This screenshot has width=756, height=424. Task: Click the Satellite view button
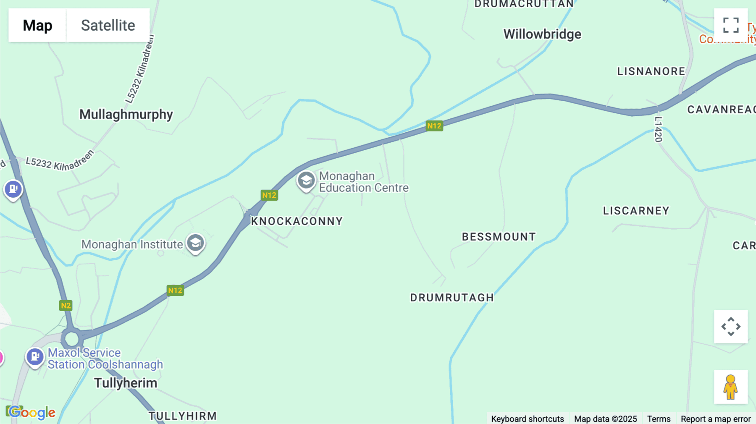point(108,25)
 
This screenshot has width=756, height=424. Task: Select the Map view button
point(37,25)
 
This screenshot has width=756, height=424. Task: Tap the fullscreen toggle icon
point(731,25)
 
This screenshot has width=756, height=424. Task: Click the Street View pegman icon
point(730,387)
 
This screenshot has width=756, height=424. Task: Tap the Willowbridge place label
point(542,34)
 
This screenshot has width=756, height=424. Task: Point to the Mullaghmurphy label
point(126,114)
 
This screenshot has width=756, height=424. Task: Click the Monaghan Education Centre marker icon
point(306,181)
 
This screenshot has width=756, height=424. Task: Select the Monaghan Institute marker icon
point(195,243)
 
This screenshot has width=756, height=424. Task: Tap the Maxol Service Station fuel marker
point(35,357)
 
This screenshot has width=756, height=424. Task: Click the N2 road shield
point(66,306)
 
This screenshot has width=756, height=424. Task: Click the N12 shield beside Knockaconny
point(269,195)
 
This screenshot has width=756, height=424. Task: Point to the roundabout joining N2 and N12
point(72,338)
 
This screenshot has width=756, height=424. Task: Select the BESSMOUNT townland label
point(499,237)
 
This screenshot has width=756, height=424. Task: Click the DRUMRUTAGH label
point(452,298)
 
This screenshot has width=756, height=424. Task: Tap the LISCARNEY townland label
point(636,211)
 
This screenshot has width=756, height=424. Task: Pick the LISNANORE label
point(651,71)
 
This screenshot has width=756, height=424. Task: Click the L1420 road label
point(658,129)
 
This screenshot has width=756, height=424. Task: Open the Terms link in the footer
point(659,419)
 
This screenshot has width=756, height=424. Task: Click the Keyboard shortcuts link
point(528,419)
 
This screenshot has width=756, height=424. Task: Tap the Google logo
point(31,412)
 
